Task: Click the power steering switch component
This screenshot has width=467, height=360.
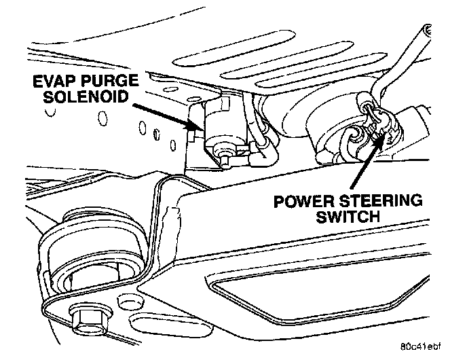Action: tap(377, 122)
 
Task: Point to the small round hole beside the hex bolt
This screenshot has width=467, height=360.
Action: tap(126, 300)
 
